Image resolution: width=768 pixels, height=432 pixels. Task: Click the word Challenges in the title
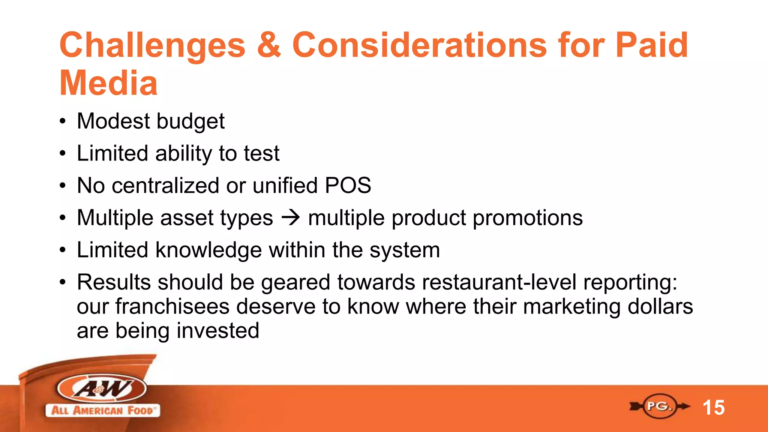pyautogui.click(x=152, y=46)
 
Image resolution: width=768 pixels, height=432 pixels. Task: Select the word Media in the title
pyautogui.click(x=108, y=83)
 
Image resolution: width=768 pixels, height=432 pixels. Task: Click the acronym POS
pyautogui.click(x=348, y=186)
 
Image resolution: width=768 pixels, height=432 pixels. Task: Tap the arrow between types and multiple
pyautogui.click(x=291, y=218)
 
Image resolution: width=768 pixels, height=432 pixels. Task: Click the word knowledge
pyautogui.click(x=208, y=250)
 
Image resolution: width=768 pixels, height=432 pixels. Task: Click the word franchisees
pyautogui.click(x=172, y=306)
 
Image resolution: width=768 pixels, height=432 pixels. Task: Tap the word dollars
pyautogui.click(x=660, y=306)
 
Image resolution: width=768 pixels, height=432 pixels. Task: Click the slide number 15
pyautogui.click(x=714, y=408)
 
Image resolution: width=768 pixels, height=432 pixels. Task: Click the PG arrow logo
pyautogui.click(x=659, y=406)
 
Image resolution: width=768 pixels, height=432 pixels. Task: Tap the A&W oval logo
pyautogui.click(x=102, y=388)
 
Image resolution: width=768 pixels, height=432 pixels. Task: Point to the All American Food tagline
pyautogui.click(x=102, y=410)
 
